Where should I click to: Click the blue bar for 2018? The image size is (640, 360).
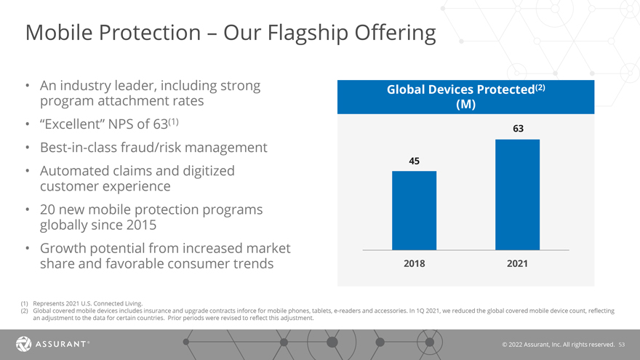click(414, 211)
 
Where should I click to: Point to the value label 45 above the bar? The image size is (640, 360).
click(414, 161)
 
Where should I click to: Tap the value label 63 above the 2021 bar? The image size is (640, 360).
click(518, 129)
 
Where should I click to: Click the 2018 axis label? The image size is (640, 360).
click(414, 264)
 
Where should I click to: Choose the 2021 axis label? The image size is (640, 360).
click(517, 264)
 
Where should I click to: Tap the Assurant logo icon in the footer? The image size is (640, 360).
click(23, 343)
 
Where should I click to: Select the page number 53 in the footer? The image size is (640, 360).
click(621, 343)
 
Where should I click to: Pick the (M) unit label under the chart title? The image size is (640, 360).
click(465, 105)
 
